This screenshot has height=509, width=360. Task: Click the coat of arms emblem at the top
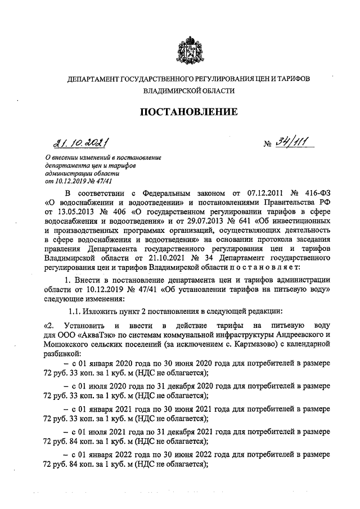point(188,47)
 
